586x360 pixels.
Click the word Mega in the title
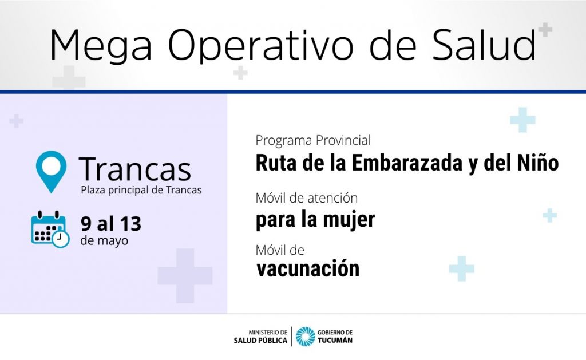pyautogui.click(x=101, y=46)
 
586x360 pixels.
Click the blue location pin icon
pyautogui.click(x=51, y=172)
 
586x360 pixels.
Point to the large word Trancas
pyautogui.click(x=135, y=169)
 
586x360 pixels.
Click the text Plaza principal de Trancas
pyautogui.click(x=141, y=190)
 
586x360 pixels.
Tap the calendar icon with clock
pyautogui.click(x=50, y=229)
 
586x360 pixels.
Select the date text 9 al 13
pyautogui.click(x=111, y=224)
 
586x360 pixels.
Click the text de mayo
pyautogui.click(x=104, y=241)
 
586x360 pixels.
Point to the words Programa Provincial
pyautogui.click(x=313, y=140)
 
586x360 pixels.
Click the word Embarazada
pyautogui.click(x=407, y=163)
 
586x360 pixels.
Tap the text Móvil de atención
pyautogui.click(x=307, y=198)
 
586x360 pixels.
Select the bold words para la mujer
pyautogui.click(x=315, y=220)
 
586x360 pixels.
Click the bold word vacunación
pyautogui.click(x=308, y=268)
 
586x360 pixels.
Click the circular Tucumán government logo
pyautogui.click(x=306, y=337)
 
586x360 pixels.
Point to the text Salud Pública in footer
pyautogui.click(x=260, y=341)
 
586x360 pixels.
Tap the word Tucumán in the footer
pyautogui.click(x=335, y=340)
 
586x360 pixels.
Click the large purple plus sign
pyautogui.click(x=185, y=275)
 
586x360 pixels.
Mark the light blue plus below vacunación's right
pyautogui.click(x=462, y=268)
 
